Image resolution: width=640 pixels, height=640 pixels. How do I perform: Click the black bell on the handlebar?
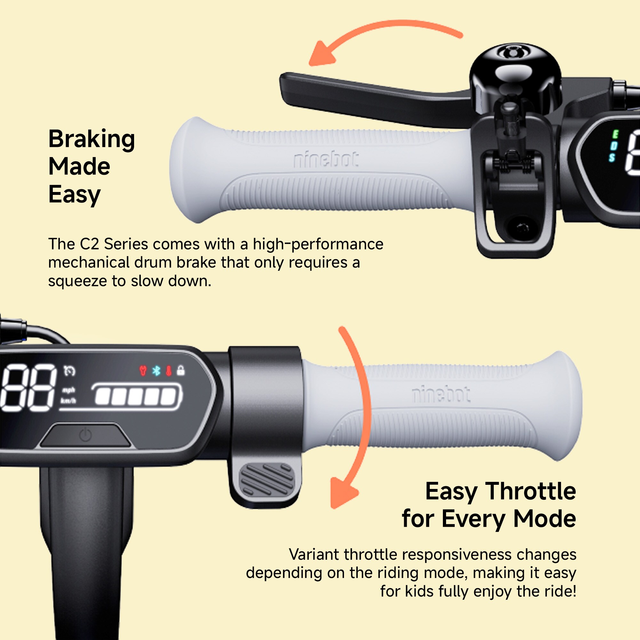pyautogui.click(x=515, y=78)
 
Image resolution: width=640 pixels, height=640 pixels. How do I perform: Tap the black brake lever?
pyautogui.click(x=374, y=98)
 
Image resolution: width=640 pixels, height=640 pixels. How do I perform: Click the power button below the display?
pyautogui.click(x=85, y=435)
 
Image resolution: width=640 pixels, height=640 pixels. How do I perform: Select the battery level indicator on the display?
pyautogui.click(x=137, y=396)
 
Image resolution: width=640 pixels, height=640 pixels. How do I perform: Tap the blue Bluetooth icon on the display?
pyautogui.click(x=156, y=371)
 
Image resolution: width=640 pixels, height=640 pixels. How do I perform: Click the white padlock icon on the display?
pyautogui.click(x=180, y=370)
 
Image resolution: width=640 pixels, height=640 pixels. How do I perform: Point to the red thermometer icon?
pyautogui.click(x=169, y=371)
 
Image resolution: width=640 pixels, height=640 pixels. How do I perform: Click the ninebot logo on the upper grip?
pyautogui.click(x=326, y=160)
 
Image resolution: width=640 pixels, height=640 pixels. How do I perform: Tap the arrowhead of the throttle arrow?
pyautogui.click(x=343, y=492)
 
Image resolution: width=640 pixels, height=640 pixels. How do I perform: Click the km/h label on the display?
pyautogui.click(x=68, y=401)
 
